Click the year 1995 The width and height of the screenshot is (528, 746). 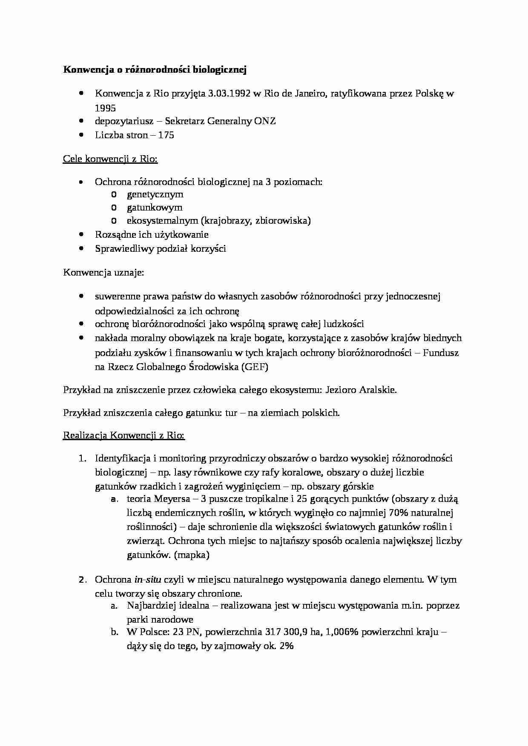[105, 108]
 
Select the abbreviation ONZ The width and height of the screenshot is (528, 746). [265, 121]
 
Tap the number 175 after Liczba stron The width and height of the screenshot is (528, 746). [166, 135]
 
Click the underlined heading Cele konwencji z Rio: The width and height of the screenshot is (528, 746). [110, 159]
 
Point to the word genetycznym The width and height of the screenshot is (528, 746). [155, 194]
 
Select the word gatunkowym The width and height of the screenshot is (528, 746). [155, 208]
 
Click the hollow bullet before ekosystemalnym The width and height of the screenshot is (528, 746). [114, 221]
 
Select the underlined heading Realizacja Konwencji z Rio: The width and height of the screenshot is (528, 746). [124, 436]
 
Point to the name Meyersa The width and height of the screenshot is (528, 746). [169, 499]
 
